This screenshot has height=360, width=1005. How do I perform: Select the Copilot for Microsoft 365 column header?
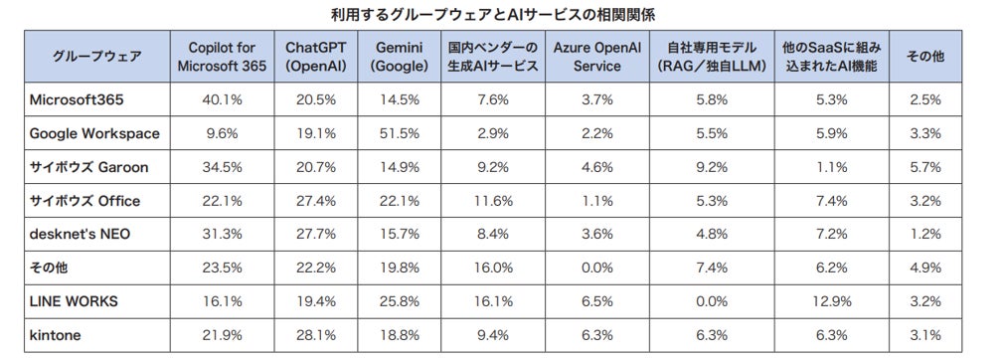click(223, 57)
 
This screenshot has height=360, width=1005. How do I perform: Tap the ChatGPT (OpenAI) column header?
click(317, 57)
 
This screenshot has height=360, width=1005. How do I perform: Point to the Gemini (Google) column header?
click(400, 57)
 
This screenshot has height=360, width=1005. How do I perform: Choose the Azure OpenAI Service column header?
click(597, 57)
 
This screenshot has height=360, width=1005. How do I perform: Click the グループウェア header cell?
click(97, 57)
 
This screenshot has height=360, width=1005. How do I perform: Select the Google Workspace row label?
click(94, 133)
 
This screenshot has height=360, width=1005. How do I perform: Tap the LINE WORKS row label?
click(74, 301)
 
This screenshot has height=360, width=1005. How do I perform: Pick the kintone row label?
click(55, 335)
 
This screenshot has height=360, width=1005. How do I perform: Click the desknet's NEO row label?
click(80, 235)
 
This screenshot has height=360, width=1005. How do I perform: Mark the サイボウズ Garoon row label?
click(89, 167)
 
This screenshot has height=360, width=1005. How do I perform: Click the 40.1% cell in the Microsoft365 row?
click(223, 99)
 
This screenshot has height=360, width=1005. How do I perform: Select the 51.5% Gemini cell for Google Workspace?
click(400, 133)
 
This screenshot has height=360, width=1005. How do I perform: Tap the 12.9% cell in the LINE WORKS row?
click(832, 301)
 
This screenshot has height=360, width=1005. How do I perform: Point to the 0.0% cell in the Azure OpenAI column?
click(597, 268)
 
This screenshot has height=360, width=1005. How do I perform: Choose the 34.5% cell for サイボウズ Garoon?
click(223, 167)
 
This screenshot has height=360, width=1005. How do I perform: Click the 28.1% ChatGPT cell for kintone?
click(317, 335)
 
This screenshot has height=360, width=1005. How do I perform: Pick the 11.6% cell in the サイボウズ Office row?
click(493, 201)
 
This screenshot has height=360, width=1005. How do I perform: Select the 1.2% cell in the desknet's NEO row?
click(924, 235)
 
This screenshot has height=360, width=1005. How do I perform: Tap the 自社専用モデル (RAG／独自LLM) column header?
click(712, 57)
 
